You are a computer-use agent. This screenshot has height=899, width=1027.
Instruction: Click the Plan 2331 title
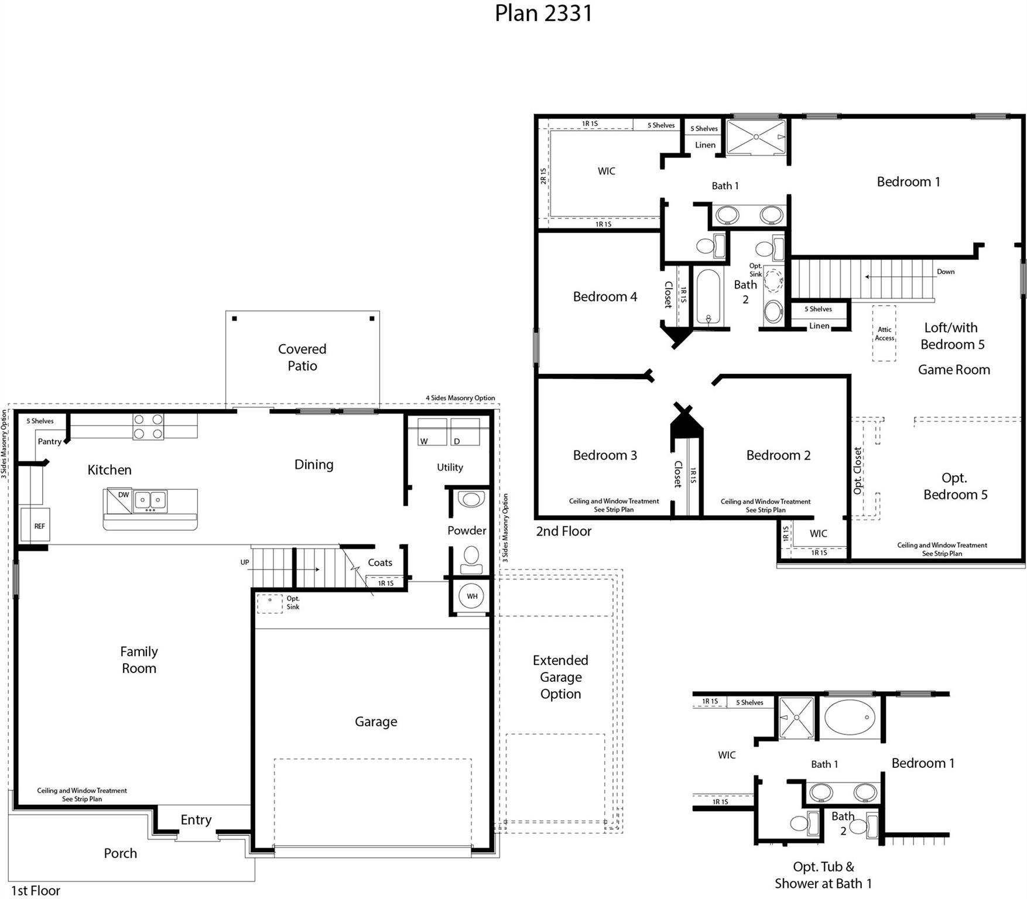click(x=543, y=13)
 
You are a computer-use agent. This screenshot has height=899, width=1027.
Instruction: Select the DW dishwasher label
click(x=123, y=495)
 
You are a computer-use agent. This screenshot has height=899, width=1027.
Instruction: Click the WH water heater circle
click(x=472, y=596)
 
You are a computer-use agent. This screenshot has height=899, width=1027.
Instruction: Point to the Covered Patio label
click(x=302, y=357)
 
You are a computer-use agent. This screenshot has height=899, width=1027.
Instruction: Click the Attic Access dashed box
click(x=884, y=333)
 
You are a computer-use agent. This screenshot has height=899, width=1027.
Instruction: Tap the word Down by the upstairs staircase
click(x=945, y=272)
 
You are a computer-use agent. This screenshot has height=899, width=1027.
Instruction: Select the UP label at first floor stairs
click(x=245, y=562)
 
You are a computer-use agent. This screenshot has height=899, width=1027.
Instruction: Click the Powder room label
click(x=467, y=531)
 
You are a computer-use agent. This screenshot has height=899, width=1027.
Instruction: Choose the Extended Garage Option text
click(x=560, y=677)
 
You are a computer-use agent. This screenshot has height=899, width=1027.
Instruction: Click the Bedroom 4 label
click(x=605, y=297)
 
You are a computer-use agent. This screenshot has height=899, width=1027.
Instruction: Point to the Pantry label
click(x=49, y=441)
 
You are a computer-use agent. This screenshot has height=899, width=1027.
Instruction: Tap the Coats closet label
click(x=380, y=562)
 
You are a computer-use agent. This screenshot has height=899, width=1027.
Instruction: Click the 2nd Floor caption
click(x=563, y=531)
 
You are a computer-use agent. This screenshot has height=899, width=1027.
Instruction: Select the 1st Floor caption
click(x=36, y=890)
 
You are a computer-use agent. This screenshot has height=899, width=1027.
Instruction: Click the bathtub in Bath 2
click(x=708, y=297)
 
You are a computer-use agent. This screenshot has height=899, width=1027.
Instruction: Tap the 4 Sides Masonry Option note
click(x=460, y=398)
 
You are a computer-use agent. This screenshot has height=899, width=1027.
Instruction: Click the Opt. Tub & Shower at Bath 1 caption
click(x=823, y=874)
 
